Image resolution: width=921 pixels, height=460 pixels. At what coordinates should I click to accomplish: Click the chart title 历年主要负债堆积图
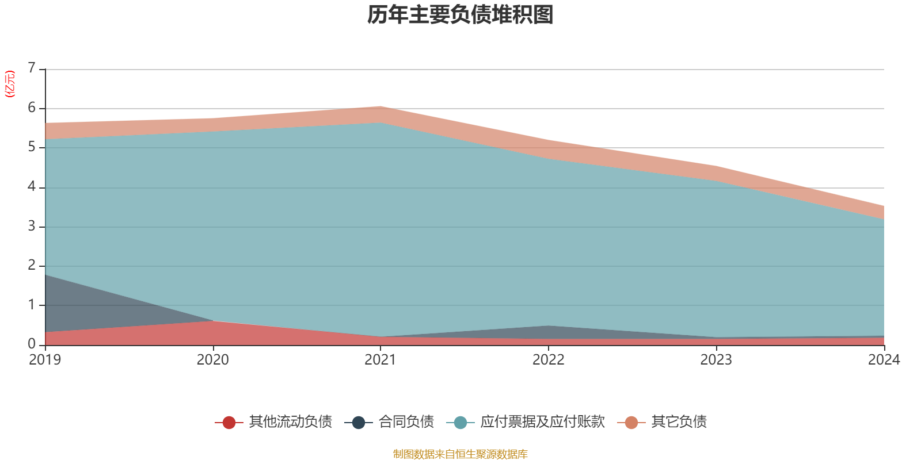pyautogui.click(x=461, y=15)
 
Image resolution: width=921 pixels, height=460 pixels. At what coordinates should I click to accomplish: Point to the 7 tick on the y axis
pyautogui.click(x=32, y=68)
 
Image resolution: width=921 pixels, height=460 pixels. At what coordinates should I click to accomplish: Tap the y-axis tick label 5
pyautogui.click(x=32, y=147)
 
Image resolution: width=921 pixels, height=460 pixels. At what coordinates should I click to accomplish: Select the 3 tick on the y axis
pyautogui.click(x=32, y=226)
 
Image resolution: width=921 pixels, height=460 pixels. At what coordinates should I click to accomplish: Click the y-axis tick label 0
pyautogui.click(x=32, y=344)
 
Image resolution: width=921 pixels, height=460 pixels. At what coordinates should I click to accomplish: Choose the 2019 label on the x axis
pyautogui.click(x=45, y=360)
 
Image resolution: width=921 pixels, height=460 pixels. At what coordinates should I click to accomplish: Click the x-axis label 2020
pyautogui.click(x=212, y=360)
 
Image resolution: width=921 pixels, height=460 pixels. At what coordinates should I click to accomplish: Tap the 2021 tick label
pyautogui.click(x=380, y=360)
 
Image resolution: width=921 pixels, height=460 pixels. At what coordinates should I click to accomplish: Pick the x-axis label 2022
pyautogui.click(x=548, y=360)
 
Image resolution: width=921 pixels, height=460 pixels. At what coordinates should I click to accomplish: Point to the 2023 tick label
pyautogui.click(x=716, y=360)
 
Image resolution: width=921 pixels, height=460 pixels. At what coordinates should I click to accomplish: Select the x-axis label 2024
pyautogui.click(x=884, y=360)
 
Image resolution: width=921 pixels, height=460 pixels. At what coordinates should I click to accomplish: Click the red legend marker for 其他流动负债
pyautogui.click(x=229, y=423)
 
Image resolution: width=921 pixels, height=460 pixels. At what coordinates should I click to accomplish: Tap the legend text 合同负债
pyautogui.click(x=406, y=422)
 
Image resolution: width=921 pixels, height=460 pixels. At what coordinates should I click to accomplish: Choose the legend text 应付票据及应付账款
pyautogui.click(x=542, y=422)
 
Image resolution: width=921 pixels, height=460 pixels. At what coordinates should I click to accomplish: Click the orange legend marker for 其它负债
pyautogui.click(x=631, y=423)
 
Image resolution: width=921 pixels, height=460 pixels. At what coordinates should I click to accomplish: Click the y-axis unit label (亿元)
pyautogui.click(x=10, y=84)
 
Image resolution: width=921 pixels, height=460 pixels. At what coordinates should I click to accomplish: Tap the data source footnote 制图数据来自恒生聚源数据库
pyautogui.click(x=461, y=454)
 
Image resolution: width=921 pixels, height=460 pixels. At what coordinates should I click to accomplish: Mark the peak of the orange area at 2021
pyautogui.click(x=380, y=107)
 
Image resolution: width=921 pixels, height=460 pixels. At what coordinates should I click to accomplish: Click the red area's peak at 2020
pyautogui.click(x=213, y=321)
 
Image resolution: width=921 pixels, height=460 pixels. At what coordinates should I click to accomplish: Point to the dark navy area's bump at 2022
pyautogui.click(x=549, y=327)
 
